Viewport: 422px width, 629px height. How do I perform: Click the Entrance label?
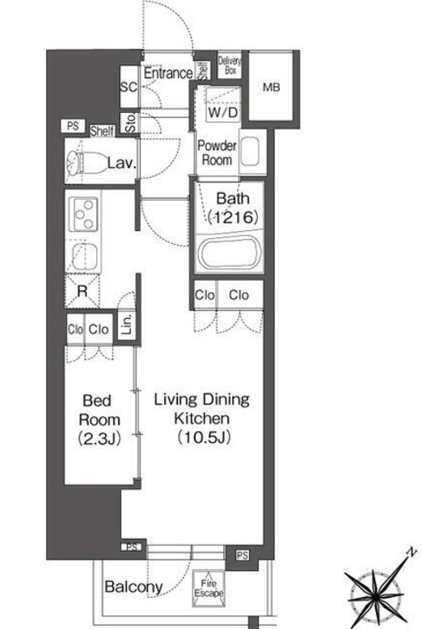[168, 73]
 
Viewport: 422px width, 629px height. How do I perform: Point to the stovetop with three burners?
[83, 215]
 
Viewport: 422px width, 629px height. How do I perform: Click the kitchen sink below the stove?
[85, 257]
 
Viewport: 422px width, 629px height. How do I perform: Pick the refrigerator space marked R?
[82, 291]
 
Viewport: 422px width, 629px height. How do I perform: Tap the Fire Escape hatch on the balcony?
[208, 588]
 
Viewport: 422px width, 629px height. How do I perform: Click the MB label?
[271, 87]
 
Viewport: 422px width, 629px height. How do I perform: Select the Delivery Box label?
[230, 65]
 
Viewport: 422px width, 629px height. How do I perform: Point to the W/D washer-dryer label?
[223, 112]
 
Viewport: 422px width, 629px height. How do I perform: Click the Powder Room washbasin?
[250, 152]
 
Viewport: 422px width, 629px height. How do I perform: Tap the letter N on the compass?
[411, 553]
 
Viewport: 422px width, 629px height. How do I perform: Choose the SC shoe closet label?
[129, 87]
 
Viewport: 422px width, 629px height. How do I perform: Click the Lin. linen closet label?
[127, 325]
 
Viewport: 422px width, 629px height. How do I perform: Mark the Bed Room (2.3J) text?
[99, 420]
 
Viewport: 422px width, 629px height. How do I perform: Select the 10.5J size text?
[204, 437]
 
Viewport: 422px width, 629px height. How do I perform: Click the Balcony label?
[134, 587]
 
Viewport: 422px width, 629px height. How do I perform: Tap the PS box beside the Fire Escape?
[242, 555]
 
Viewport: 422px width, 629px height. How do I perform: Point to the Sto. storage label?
[130, 123]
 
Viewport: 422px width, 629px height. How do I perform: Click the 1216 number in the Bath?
[234, 218]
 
